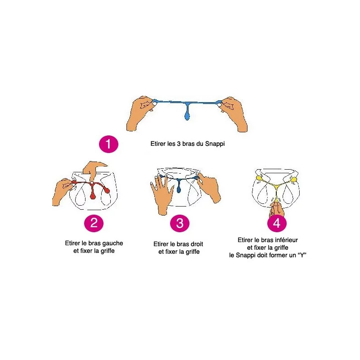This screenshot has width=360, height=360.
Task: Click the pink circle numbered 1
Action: coord(108,144)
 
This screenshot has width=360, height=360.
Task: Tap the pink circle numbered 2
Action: coord(94,223)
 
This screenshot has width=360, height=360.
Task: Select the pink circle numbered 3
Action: coord(180,223)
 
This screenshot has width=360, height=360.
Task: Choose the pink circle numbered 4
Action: coord(277,223)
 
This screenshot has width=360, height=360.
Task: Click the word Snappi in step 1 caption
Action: coord(215,144)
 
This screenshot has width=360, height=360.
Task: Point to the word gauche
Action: coord(112,243)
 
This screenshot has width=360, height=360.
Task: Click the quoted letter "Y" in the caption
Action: coord(302,255)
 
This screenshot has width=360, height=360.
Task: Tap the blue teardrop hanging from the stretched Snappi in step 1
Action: coord(187,116)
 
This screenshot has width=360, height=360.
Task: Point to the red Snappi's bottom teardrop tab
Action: coord(93,195)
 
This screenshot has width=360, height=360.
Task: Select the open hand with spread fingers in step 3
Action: coord(162,194)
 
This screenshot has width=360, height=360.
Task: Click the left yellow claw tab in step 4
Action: coord(259,178)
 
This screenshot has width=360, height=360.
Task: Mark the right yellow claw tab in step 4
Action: coord(293,179)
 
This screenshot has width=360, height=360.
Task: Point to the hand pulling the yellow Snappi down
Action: coord(277,208)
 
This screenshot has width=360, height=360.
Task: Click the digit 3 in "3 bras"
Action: coord(179,144)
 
